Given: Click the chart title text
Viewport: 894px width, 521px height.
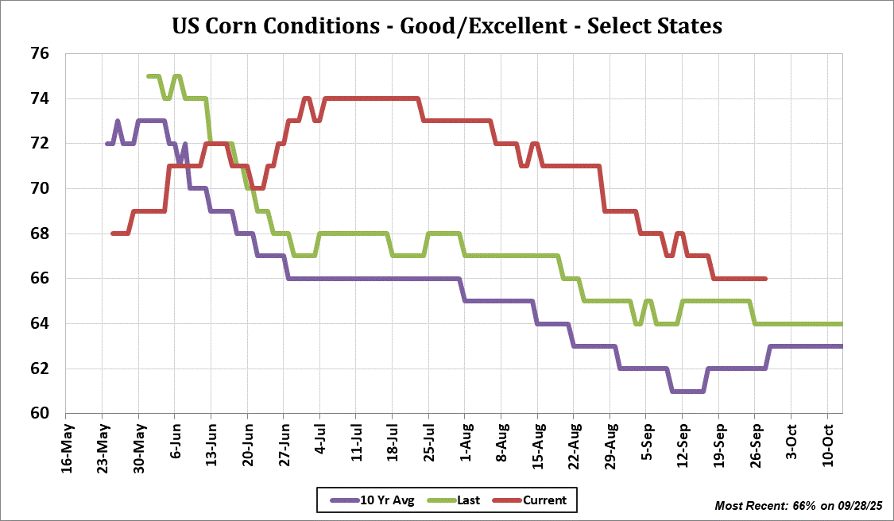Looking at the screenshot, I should (447, 26).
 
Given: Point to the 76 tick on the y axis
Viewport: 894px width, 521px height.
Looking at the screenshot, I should (40, 54).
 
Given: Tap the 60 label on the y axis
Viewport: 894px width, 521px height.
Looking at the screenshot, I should (40, 414).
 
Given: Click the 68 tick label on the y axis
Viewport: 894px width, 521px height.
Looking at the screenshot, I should (40, 234).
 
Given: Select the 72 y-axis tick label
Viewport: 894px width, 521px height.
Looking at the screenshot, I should (40, 144).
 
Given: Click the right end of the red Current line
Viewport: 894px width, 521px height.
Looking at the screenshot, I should (764, 279).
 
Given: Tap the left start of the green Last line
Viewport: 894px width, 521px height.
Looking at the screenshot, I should (149, 76).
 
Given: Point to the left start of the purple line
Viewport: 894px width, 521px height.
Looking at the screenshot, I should (106, 144).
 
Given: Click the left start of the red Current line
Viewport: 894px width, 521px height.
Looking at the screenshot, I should (113, 233).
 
